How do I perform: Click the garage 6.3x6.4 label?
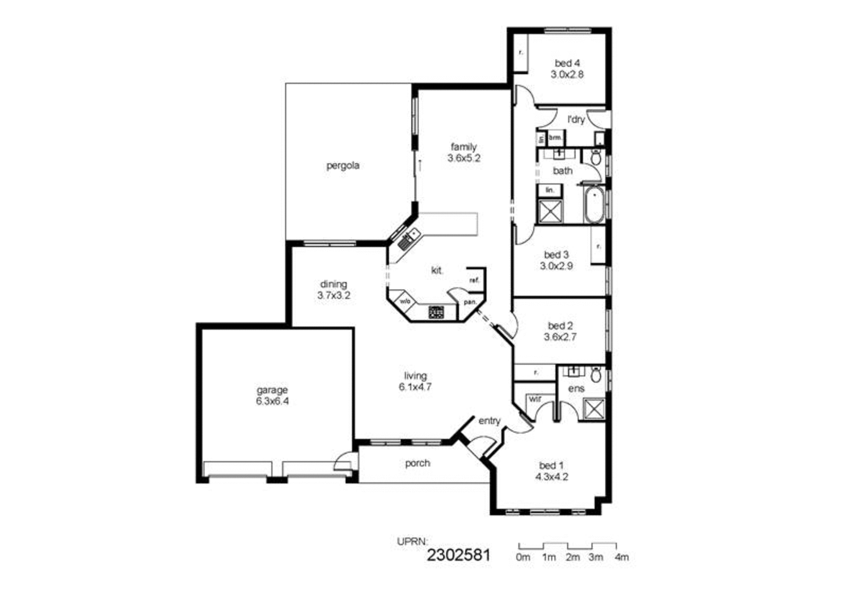click(272, 396)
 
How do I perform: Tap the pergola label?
click(343, 166)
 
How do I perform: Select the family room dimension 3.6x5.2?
click(464, 159)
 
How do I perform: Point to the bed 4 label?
click(566, 63)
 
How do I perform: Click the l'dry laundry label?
click(576, 120)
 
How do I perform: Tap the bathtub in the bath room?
click(594, 206)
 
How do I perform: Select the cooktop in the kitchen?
click(436, 312)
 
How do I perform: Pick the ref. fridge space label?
click(474, 280)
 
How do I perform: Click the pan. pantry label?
click(470, 302)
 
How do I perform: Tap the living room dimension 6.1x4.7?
click(415, 387)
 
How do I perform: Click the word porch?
click(417, 463)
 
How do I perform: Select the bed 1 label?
click(551, 466)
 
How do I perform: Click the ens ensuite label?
click(576, 389)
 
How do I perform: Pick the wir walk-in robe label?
click(535, 399)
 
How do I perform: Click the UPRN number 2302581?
click(458, 555)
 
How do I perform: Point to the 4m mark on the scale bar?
click(621, 557)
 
